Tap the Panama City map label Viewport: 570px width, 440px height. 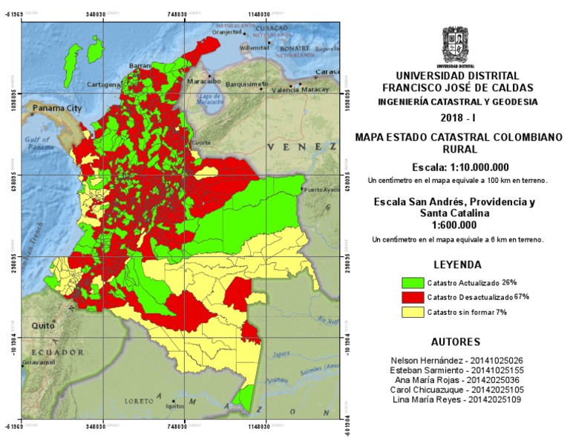click(x=56, y=108)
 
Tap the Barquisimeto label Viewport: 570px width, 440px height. click(x=246, y=84)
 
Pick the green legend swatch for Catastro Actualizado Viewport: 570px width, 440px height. click(x=411, y=283)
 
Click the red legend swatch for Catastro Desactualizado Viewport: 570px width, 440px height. click(x=411, y=297)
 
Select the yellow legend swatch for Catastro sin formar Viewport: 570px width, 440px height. click(x=411, y=312)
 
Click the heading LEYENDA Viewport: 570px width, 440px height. click(x=456, y=264)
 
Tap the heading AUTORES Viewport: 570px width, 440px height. click(x=456, y=342)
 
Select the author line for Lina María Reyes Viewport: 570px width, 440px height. click(x=456, y=399)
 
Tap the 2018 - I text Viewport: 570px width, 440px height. click(x=456, y=119)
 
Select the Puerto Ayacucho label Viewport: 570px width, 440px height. click(x=321, y=190)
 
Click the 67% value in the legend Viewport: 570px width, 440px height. click(x=521, y=296)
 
